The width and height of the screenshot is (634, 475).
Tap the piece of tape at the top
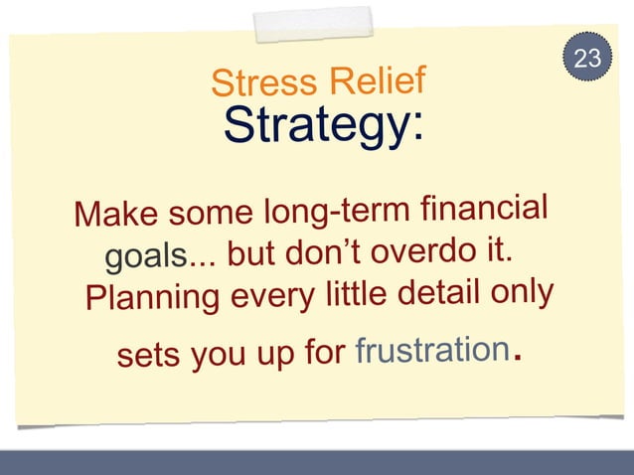click(313, 25)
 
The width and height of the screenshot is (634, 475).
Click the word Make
click(116, 214)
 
